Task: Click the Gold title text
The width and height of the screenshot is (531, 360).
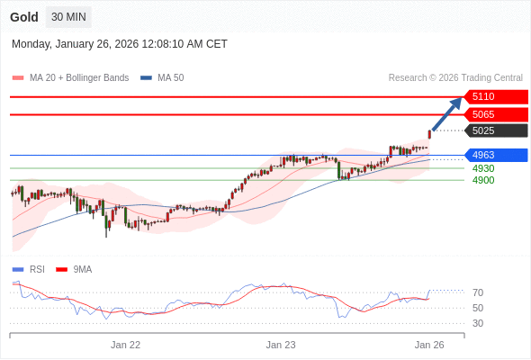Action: tap(24, 17)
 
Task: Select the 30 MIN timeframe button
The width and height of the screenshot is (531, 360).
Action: tap(68, 17)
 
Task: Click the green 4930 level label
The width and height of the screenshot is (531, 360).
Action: tap(483, 168)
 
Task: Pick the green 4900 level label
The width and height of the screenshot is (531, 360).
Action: tap(483, 180)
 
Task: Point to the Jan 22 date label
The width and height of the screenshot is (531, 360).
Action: tap(125, 344)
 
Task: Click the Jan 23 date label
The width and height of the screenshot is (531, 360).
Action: tap(281, 344)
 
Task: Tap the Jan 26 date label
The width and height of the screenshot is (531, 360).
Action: tap(429, 344)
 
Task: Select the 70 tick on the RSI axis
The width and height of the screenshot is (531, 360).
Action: tap(478, 292)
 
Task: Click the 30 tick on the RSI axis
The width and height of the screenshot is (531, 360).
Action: tap(478, 323)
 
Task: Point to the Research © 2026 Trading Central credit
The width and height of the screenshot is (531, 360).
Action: tap(455, 78)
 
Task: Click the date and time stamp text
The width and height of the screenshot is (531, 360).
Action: tap(120, 44)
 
